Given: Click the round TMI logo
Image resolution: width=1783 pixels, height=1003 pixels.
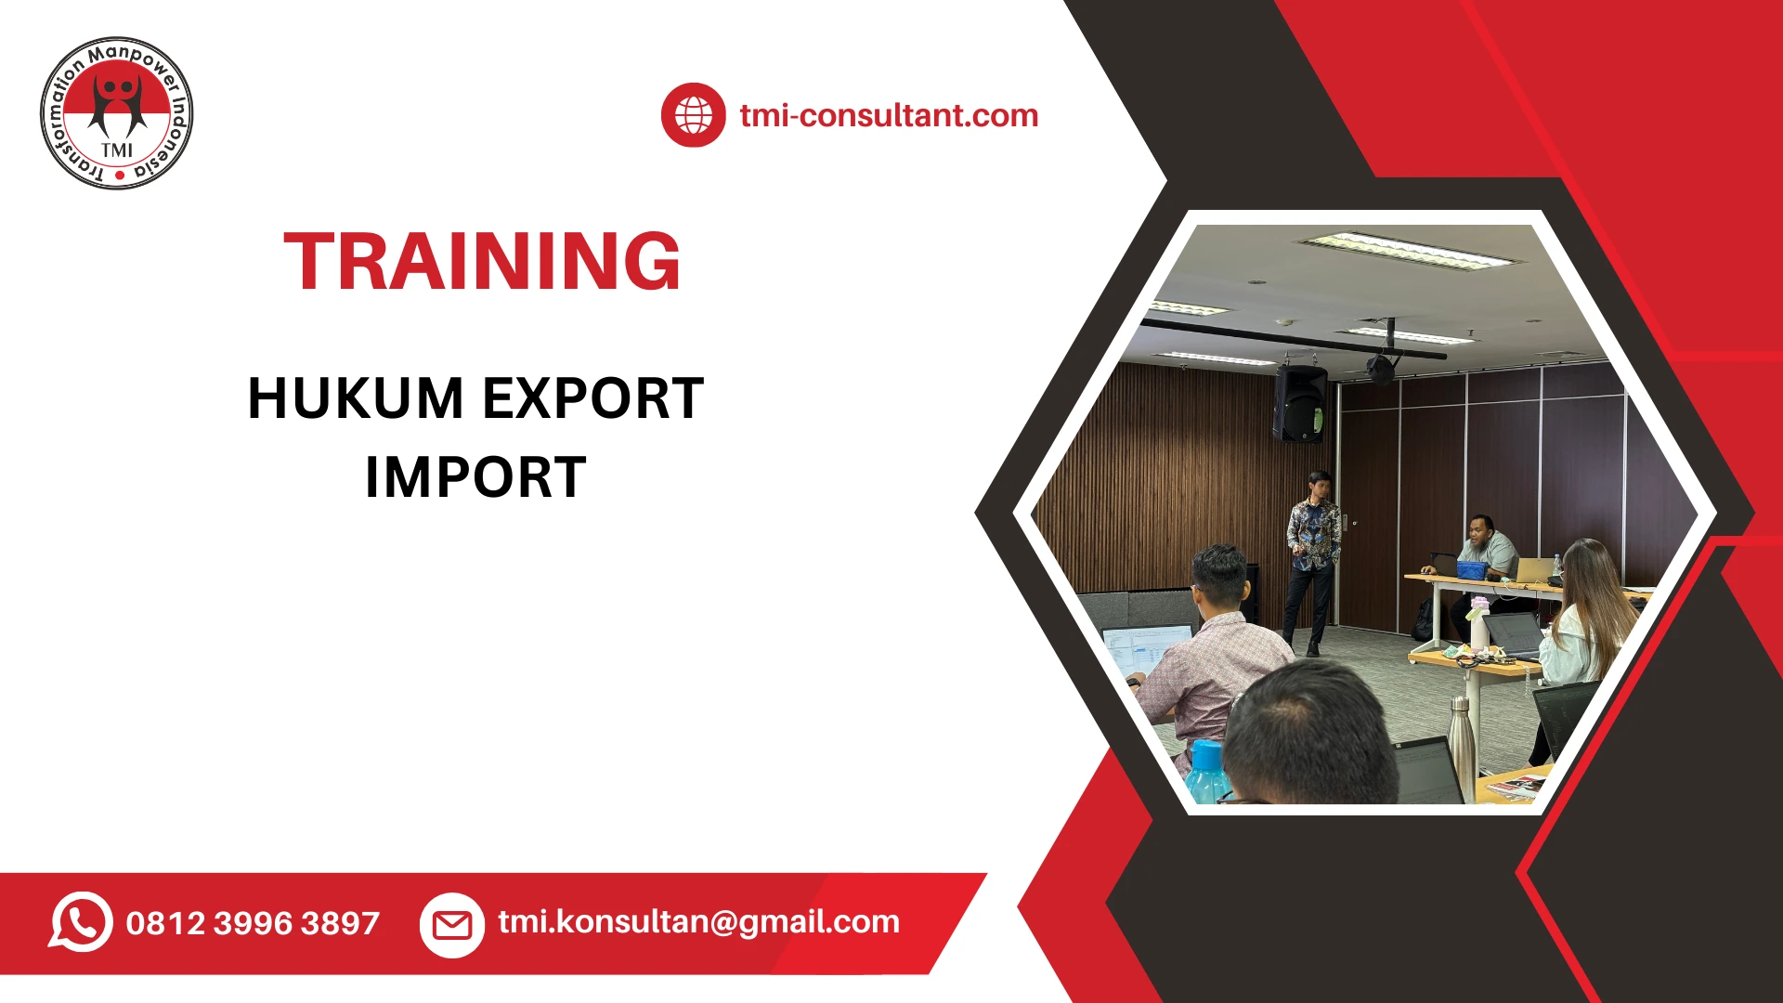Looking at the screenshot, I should [x=117, y=113].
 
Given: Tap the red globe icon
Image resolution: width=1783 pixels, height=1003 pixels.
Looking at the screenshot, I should [x=693, y=115].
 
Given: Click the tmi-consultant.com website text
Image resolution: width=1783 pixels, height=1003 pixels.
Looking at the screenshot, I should [x=889, y=115].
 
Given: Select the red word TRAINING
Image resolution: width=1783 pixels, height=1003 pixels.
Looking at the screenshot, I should [x=482, y=262].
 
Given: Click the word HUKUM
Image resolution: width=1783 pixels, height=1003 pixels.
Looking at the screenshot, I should [x=356, y=399].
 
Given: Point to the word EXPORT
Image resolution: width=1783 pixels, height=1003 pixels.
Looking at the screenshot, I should [x=592, y=399].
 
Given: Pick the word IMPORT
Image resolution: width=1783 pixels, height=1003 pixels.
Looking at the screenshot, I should [x=475, y=478].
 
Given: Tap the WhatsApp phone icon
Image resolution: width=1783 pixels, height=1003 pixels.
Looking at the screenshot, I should [x=81, y=922].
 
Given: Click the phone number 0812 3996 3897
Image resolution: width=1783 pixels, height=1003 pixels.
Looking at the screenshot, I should [x=253, y=923].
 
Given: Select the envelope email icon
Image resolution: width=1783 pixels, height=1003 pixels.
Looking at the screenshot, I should [x=452, y=924].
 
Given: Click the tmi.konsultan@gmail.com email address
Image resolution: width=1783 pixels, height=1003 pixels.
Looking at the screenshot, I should [x=698, y=921].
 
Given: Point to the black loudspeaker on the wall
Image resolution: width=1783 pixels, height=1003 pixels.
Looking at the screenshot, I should [x=1300, y=403].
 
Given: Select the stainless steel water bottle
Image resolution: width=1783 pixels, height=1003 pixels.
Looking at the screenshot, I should [x=1461, y=743].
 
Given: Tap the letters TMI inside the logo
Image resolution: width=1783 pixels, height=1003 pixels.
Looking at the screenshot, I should [x=117, y=150].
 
